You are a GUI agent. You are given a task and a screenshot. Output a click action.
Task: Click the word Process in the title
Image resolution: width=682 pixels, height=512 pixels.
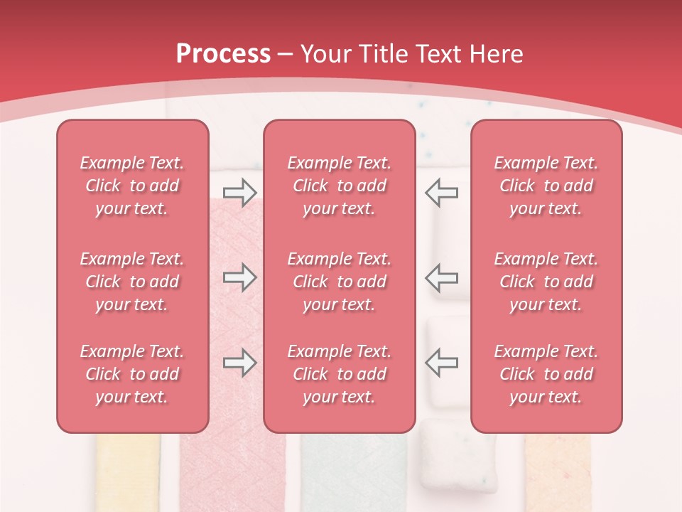[x=223, y=54]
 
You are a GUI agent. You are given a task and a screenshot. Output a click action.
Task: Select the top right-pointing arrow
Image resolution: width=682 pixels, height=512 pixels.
[x=239, y=191]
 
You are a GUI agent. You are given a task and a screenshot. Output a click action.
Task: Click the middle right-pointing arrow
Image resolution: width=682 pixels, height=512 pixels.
[x=239, y=277]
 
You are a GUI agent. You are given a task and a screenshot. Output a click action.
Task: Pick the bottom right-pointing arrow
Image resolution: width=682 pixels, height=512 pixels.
[x=239, y=363]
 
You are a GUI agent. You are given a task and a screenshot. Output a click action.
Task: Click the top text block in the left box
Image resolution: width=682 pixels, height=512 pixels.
[x=132, y=186]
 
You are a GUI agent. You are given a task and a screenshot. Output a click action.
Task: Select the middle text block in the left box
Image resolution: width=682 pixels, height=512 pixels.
[x=132, y=282]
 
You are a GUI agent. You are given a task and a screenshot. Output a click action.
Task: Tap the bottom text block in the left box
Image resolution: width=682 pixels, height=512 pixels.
[x=132, y=374]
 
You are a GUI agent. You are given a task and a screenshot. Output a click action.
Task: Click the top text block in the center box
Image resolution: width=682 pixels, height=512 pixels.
[x=339, y=186]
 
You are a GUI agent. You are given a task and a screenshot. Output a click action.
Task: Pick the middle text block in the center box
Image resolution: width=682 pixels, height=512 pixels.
[x=339, y=282]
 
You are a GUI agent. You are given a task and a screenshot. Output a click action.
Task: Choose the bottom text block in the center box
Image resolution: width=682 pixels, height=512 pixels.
[x=339, y=374]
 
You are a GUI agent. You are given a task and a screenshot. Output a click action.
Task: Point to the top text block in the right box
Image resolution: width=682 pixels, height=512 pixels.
[x=546, y=186]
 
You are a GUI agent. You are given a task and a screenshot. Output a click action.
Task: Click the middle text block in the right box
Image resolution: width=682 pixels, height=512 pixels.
[x=546, y=282]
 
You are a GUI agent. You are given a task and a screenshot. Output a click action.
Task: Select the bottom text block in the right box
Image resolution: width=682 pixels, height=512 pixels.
[x=546, y=374]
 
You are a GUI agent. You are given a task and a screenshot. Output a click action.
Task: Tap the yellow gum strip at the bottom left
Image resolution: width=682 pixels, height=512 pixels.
[x=128, y=473]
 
